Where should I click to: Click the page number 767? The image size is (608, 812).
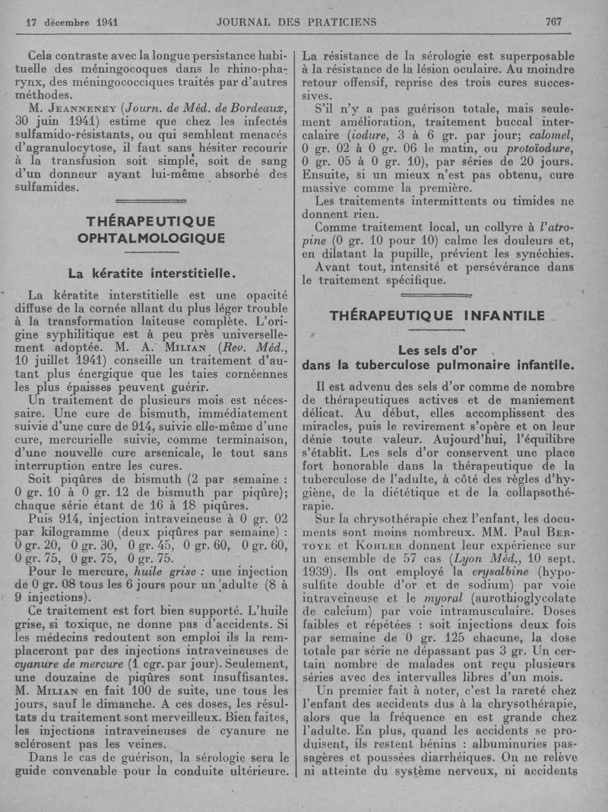coord(553,22)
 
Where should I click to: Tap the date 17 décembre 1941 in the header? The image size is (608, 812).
coord(71,22)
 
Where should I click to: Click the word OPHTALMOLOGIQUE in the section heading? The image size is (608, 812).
coord(151,239)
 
